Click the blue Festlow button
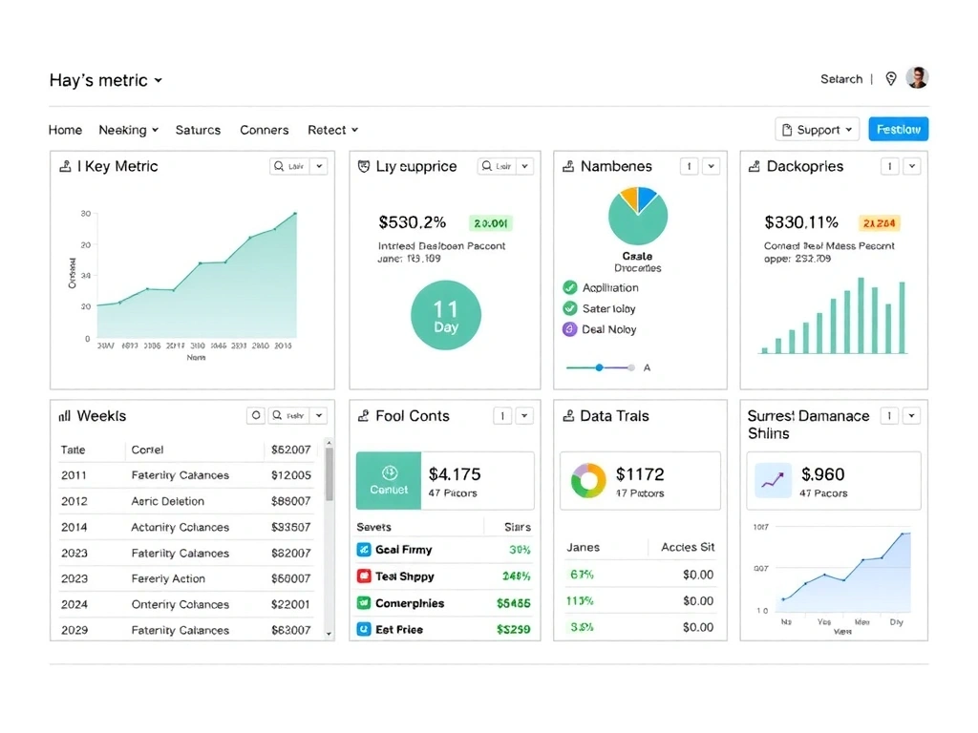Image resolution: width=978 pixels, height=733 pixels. pyautogui.click(x=898, y=130)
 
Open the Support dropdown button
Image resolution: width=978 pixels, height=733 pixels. pyautogui.click(x=817, y=130)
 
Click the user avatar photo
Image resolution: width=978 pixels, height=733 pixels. pyautogui.click(x=918, y=78)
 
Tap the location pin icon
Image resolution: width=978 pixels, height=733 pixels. pyautogui.click(x=891, y=79)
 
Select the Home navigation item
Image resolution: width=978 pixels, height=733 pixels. pyautogui.click(x=65, y=130)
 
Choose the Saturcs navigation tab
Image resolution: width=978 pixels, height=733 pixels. pyautogui.click(x=198, y=130)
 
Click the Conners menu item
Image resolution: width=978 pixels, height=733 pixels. pyautogui.click(x=264, y=130)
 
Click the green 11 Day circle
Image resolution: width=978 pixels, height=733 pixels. pyautogui.click(x=445, y=316)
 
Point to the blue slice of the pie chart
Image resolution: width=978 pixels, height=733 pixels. pyautogui.click(x=648, y=199)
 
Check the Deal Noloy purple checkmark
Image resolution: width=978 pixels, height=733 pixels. pyautogui.click(x=570, y=329)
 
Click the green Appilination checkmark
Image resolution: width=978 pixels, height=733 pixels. pyautogui.click(x=570, y=287)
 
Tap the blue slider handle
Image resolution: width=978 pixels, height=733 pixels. pyautogui.click(x=600, y=367)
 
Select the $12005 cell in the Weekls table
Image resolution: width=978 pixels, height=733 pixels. pyautogui.click(x=291, y=475)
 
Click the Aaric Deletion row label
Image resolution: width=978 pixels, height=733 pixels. pyautogui.click(x=167, y=501)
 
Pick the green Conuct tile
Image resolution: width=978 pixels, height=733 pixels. pyautogui.click(x=389, y=481)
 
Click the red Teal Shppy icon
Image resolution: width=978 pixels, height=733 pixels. pyautogui.click(x=364, y=576)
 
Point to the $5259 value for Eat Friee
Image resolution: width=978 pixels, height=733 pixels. pyautogui.click(x=513, y=630)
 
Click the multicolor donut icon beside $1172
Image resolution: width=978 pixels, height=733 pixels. pyautogui.click(x=588, y=481)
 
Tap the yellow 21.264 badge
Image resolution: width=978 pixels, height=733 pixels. pyautogui.click(x=879, y=223)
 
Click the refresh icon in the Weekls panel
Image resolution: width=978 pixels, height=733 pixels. pyautogui.click(x=255, y=416)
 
